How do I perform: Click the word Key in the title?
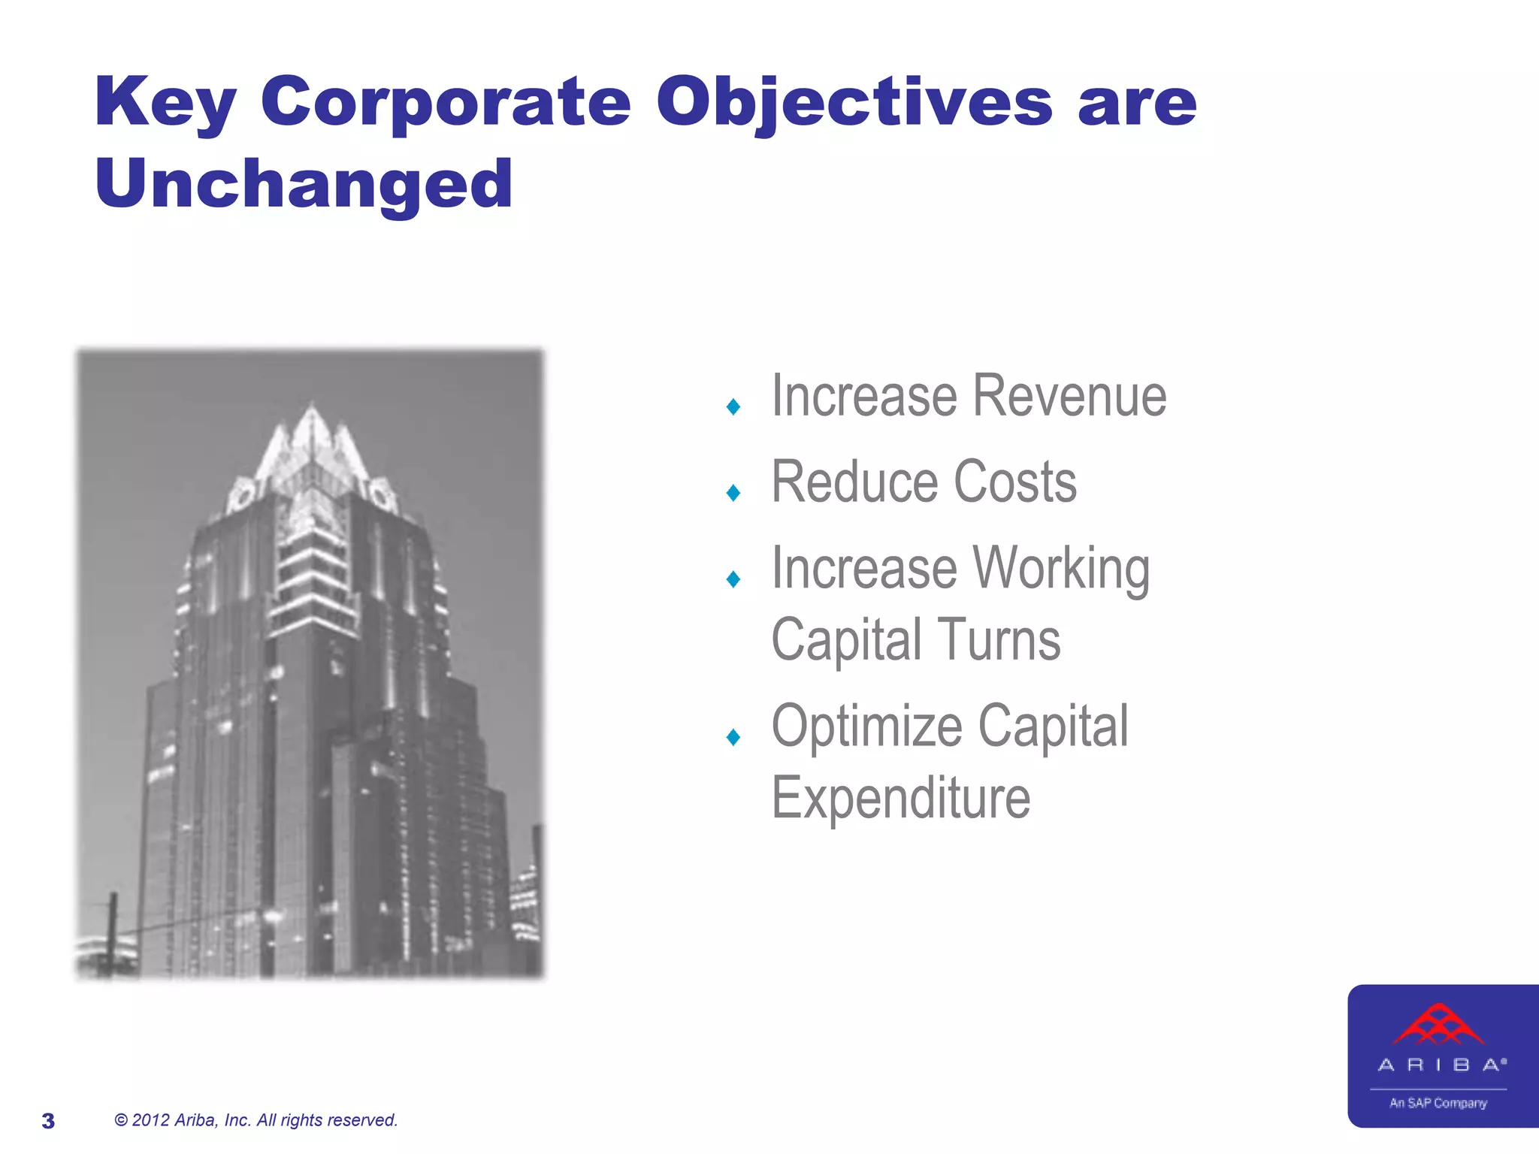[x=165, y=103]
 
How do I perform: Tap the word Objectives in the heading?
[x=854, y=103]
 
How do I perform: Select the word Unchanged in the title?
[x=304, y=185]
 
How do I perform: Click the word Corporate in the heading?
[x=445, y=103]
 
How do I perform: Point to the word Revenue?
[x=1070, y=396]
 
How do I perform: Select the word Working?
[x=1061, y=569]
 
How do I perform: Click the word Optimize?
[x=866, y=727]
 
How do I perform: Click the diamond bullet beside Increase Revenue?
[x=733, y=407]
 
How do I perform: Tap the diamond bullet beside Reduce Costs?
[x=733, y=493]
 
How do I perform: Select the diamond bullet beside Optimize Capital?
[x=733, y=737]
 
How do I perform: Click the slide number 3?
[x=48, y=1121]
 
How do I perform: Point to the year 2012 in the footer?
[x=150, y=1120]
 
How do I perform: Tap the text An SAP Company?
[x=1438, y=1103]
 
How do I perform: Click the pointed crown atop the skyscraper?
[x=311, y=443]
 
